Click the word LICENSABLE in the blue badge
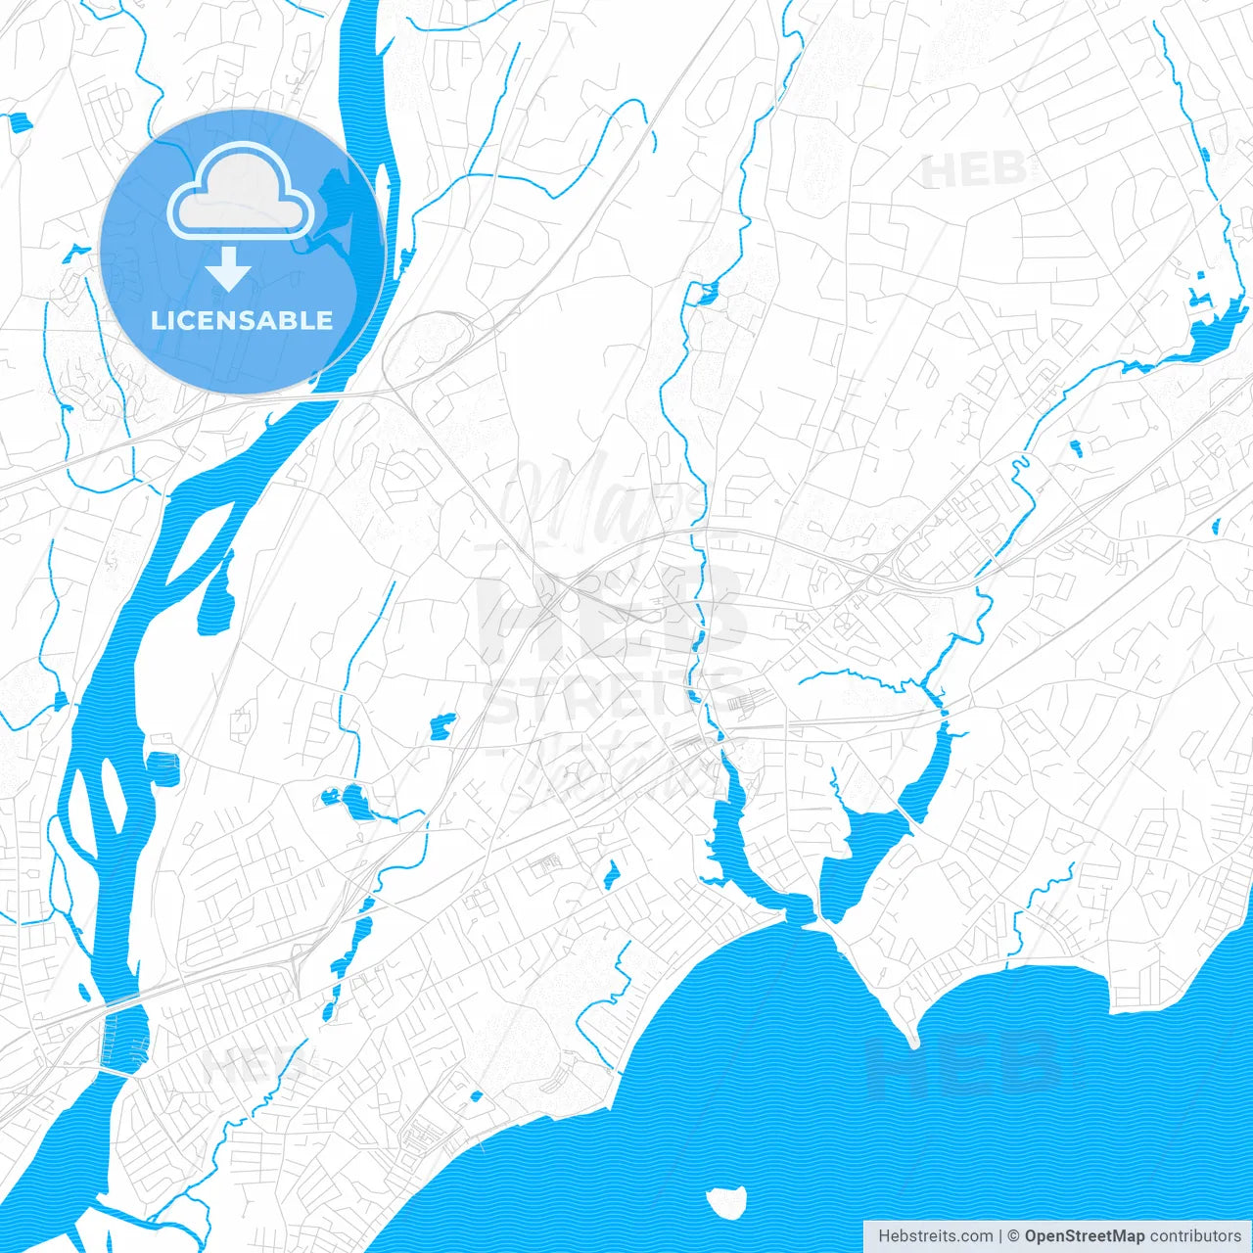(242, 320)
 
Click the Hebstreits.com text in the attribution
(936, 1236)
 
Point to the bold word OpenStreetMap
(1085, 1236)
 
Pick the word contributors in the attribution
(1195, 1236)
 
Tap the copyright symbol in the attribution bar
(1014, 1236)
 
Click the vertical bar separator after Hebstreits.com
(1000, 1236)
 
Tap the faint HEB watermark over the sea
(964, 1062)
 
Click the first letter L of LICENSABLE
(157, 320)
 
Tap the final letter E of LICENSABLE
(324, 320)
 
